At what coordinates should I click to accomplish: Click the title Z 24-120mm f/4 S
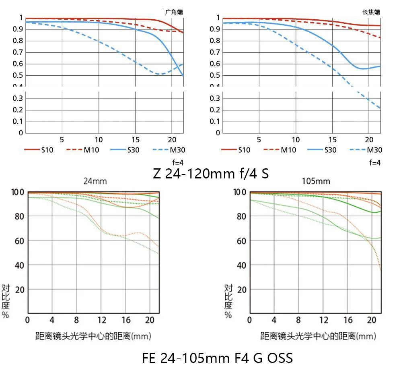click(x=211, y=174)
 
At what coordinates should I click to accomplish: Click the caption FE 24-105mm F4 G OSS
click(x=217, y=358)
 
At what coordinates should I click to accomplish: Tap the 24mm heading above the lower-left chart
click(x=95, y=181)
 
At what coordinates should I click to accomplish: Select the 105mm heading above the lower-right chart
click(x=316, y=181)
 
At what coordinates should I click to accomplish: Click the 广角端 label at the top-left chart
click(x=174, y=12)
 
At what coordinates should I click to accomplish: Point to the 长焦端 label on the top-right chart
click(x=371, y=12)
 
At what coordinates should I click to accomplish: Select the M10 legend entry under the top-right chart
click(x=280, y=150)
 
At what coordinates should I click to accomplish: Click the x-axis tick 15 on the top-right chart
click(x=332, y=140)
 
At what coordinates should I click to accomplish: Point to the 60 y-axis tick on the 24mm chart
click(x=19, y=241)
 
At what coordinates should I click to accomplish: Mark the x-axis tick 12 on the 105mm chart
click(x=323, y=320)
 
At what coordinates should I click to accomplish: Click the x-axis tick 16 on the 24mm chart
click(x=126, y=320)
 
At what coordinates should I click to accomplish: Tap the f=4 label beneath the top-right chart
click(x=374, y=163)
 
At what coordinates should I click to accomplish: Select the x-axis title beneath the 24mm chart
click(x=93, y=336)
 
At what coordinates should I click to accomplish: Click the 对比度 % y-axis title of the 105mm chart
click(x=228, y=301)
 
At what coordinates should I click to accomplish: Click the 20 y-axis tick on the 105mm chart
click(x=242, y=290)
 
